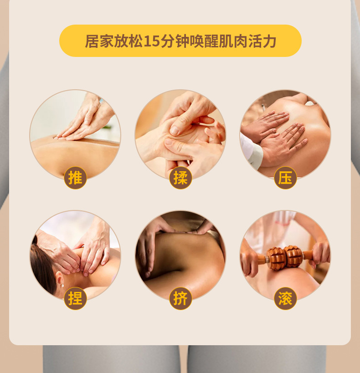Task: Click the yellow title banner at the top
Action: [180, 41]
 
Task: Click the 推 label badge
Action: [75, 178]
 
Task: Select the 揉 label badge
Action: [180, 178]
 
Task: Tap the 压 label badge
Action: [285, 178]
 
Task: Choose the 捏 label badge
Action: [75, 298]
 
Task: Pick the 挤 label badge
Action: [180, 298]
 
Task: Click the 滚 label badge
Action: [285, 298]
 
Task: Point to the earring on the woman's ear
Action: [61, 286]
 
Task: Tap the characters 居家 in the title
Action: [98, 41]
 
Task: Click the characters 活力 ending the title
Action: [263, 41]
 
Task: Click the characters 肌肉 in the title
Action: [234, 41]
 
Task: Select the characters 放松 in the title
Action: [128, 41]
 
